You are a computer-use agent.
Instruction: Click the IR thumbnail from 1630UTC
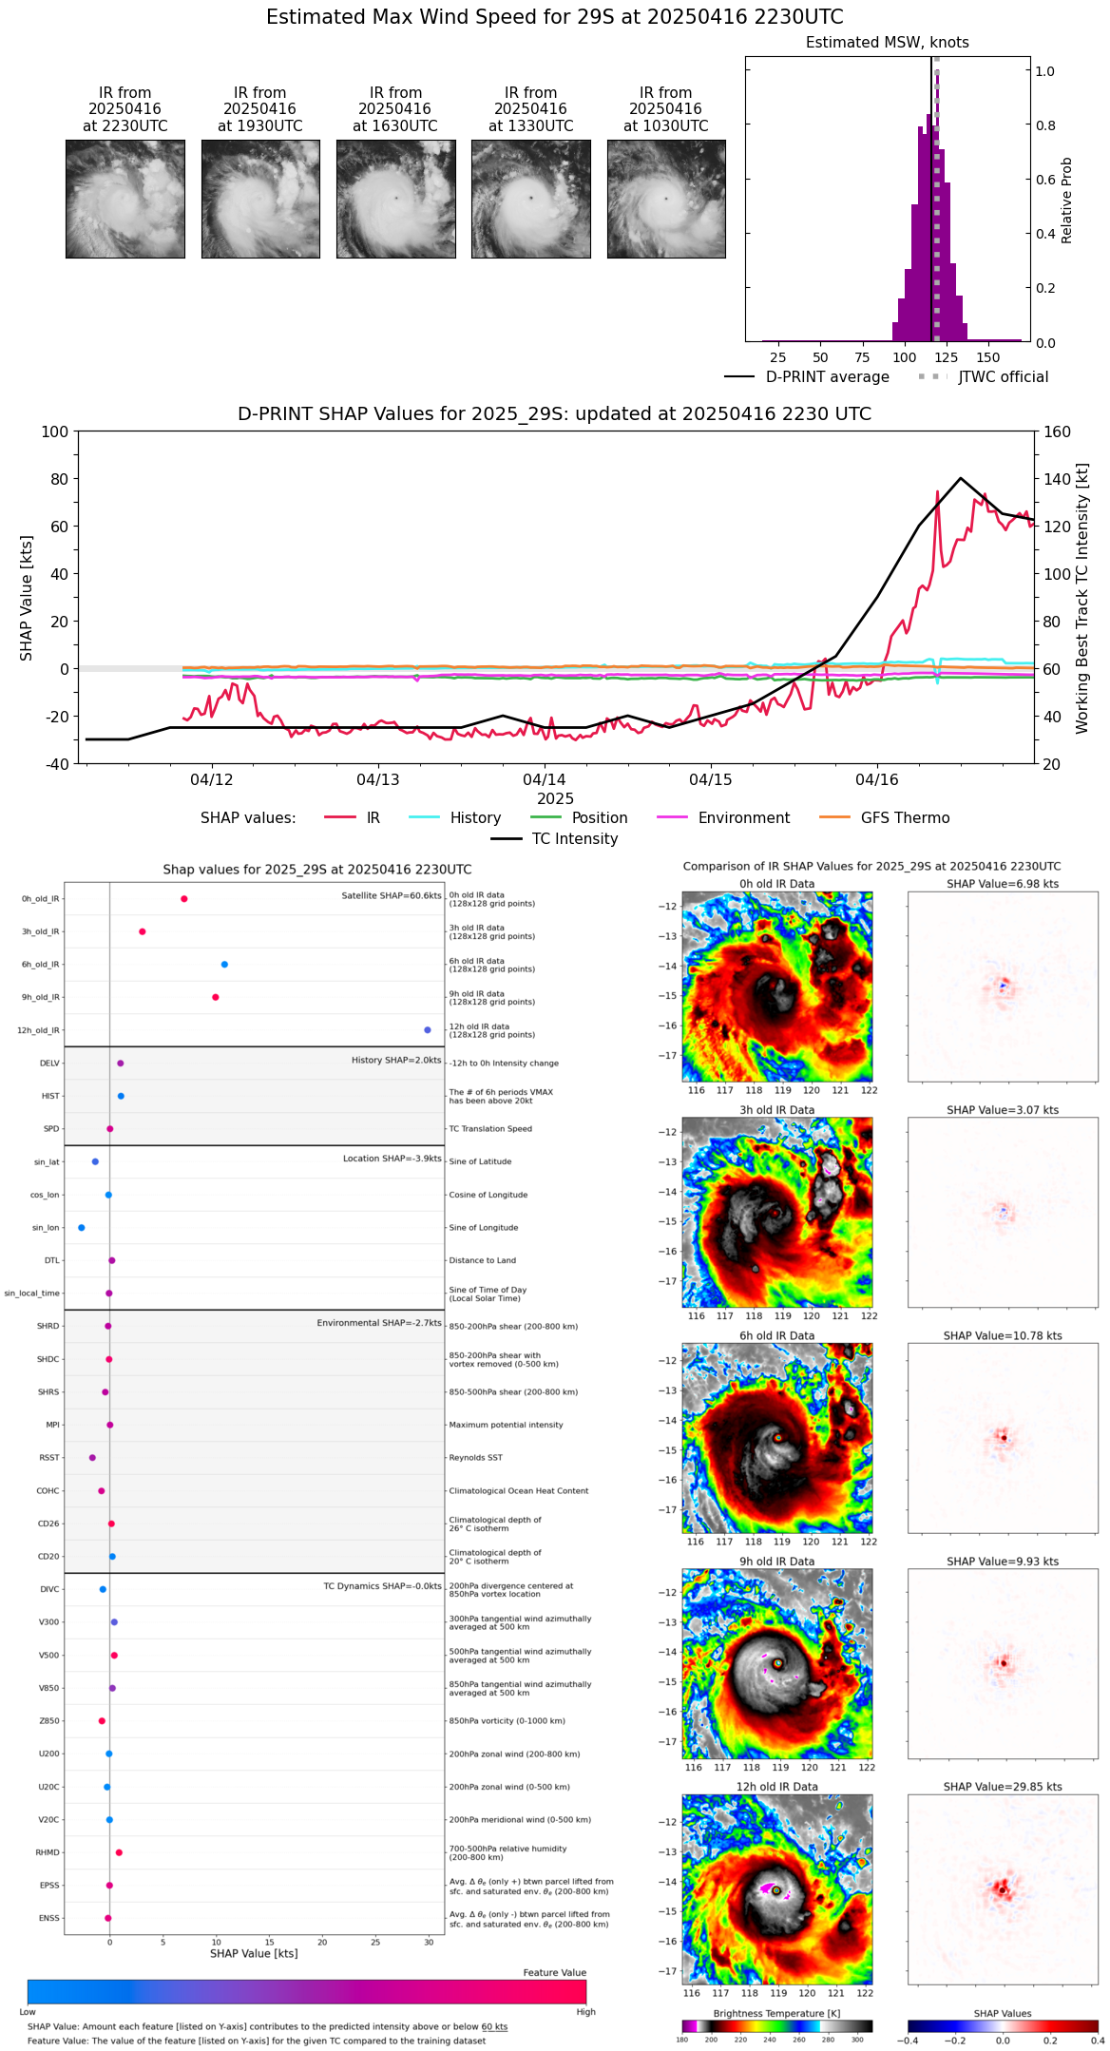395,199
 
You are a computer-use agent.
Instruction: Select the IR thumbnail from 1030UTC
666,199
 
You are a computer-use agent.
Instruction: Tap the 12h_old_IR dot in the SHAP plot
428,1030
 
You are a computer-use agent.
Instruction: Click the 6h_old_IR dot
224,965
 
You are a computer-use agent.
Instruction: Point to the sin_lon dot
82,1228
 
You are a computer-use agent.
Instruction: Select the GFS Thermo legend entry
905,818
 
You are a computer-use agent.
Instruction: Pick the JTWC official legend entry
1003,377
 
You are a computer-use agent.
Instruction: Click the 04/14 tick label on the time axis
545,779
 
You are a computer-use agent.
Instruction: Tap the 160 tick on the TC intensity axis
1057,431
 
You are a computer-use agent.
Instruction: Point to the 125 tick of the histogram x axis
947,357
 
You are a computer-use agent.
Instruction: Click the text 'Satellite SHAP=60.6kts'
392,896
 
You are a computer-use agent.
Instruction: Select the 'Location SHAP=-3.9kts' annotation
392,1159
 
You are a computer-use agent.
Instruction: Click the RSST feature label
48,1458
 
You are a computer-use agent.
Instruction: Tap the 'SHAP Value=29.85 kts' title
1003,1787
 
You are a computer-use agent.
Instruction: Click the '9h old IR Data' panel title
776,1562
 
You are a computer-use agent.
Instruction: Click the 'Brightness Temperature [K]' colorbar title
776,2013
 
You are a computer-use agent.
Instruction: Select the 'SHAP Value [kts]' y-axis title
27,598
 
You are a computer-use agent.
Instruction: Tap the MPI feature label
52,1425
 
